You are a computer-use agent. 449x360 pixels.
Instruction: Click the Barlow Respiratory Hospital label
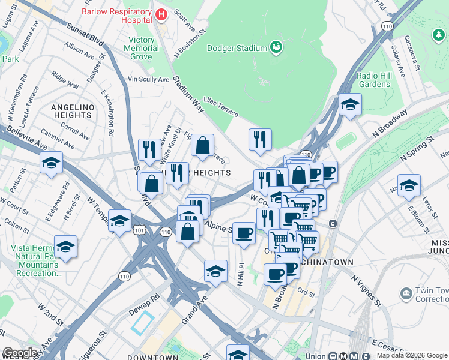tap(116, 11)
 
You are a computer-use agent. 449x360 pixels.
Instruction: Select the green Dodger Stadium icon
tap(276, 47)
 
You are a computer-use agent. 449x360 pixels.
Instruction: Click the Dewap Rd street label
tap(143, 304)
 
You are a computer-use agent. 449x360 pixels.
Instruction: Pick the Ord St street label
tap(306, 293)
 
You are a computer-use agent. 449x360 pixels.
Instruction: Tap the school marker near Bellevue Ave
tap(52, 163)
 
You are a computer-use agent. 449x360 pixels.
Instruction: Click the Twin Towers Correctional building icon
tap(406, 294)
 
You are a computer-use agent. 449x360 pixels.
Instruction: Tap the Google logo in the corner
tap(20, 353)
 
